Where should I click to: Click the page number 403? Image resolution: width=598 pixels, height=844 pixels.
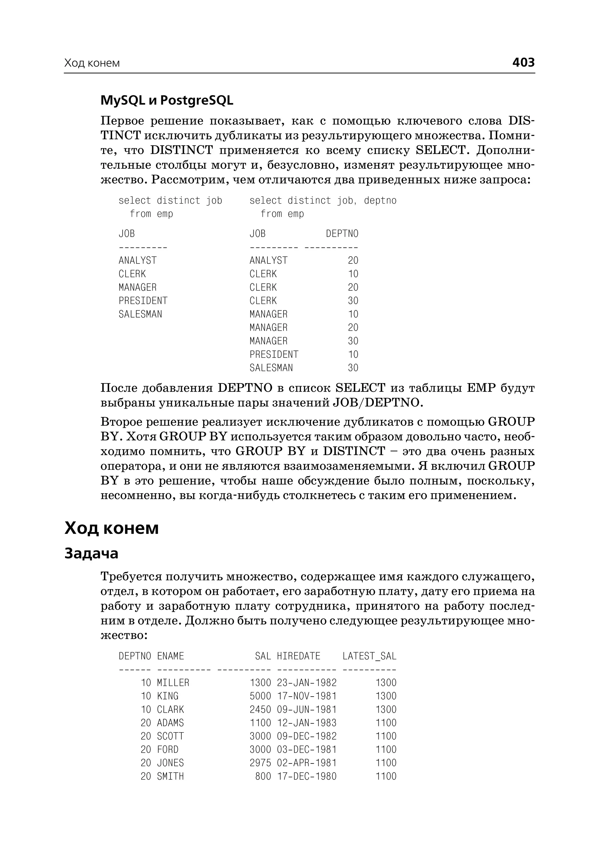tap(523, 62)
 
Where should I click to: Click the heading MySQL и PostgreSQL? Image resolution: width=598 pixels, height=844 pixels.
tap(167, 100)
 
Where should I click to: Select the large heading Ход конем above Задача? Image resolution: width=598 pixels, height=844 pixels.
tap(112, 528)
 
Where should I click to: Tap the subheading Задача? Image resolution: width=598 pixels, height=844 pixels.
tap(91, 554)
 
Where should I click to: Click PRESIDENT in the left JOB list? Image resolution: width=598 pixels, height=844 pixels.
tap(143, 301)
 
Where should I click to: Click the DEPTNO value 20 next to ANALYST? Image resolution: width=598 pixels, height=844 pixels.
tap(353, 261)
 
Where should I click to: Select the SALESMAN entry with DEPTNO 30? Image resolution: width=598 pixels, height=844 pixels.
tap(271, 368)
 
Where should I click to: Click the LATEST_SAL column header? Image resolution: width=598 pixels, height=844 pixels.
tap(369, 656)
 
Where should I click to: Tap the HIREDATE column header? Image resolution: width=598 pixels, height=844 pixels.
tap(299, 656)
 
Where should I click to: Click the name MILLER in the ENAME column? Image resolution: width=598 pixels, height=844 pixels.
tap(173, 683)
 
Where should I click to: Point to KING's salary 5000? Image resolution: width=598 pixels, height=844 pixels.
tap(260, 696)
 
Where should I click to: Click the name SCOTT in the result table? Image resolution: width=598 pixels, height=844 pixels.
tap(170, 736)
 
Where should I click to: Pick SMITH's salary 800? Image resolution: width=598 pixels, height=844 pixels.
tap(263, 776)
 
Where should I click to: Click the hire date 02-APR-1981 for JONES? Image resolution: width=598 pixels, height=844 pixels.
tap(307, 763)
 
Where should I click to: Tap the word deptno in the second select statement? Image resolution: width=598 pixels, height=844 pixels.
tap(380, 200)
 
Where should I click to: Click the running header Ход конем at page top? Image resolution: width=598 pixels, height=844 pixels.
tap(92, 63)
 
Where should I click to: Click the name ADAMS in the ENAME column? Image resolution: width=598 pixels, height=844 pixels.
tap(170, 723)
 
